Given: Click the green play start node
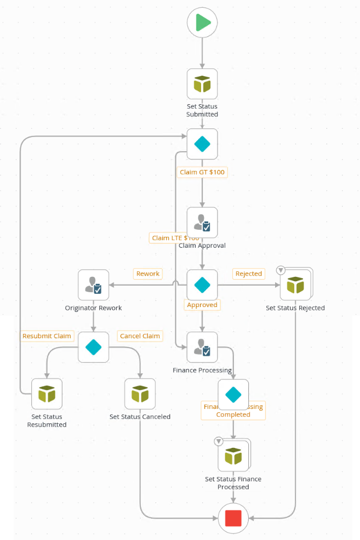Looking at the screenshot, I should point(202,22).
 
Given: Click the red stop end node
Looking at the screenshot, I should point(233,517).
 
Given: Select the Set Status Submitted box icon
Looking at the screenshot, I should point(202,84).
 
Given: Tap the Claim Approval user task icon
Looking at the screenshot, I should point(202,223).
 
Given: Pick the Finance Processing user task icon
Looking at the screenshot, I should point(202,347).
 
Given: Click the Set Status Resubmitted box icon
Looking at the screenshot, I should point(47,394).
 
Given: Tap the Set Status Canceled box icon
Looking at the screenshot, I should point(140,394).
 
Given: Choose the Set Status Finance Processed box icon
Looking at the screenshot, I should point(233,456).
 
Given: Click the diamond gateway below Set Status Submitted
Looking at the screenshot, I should point(202,144).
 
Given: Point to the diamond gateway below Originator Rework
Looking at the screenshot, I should point(93,347).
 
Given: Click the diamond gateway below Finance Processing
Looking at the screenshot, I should point(233,395).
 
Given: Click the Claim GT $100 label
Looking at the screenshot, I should point(202,172).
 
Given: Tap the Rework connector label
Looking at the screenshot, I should point(148,274).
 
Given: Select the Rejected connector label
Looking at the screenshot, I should point(248,274).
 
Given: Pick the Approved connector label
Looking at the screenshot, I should point(202,305).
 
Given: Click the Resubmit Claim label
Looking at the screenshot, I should point(47,336).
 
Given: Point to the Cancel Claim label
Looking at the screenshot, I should point(140,336).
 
